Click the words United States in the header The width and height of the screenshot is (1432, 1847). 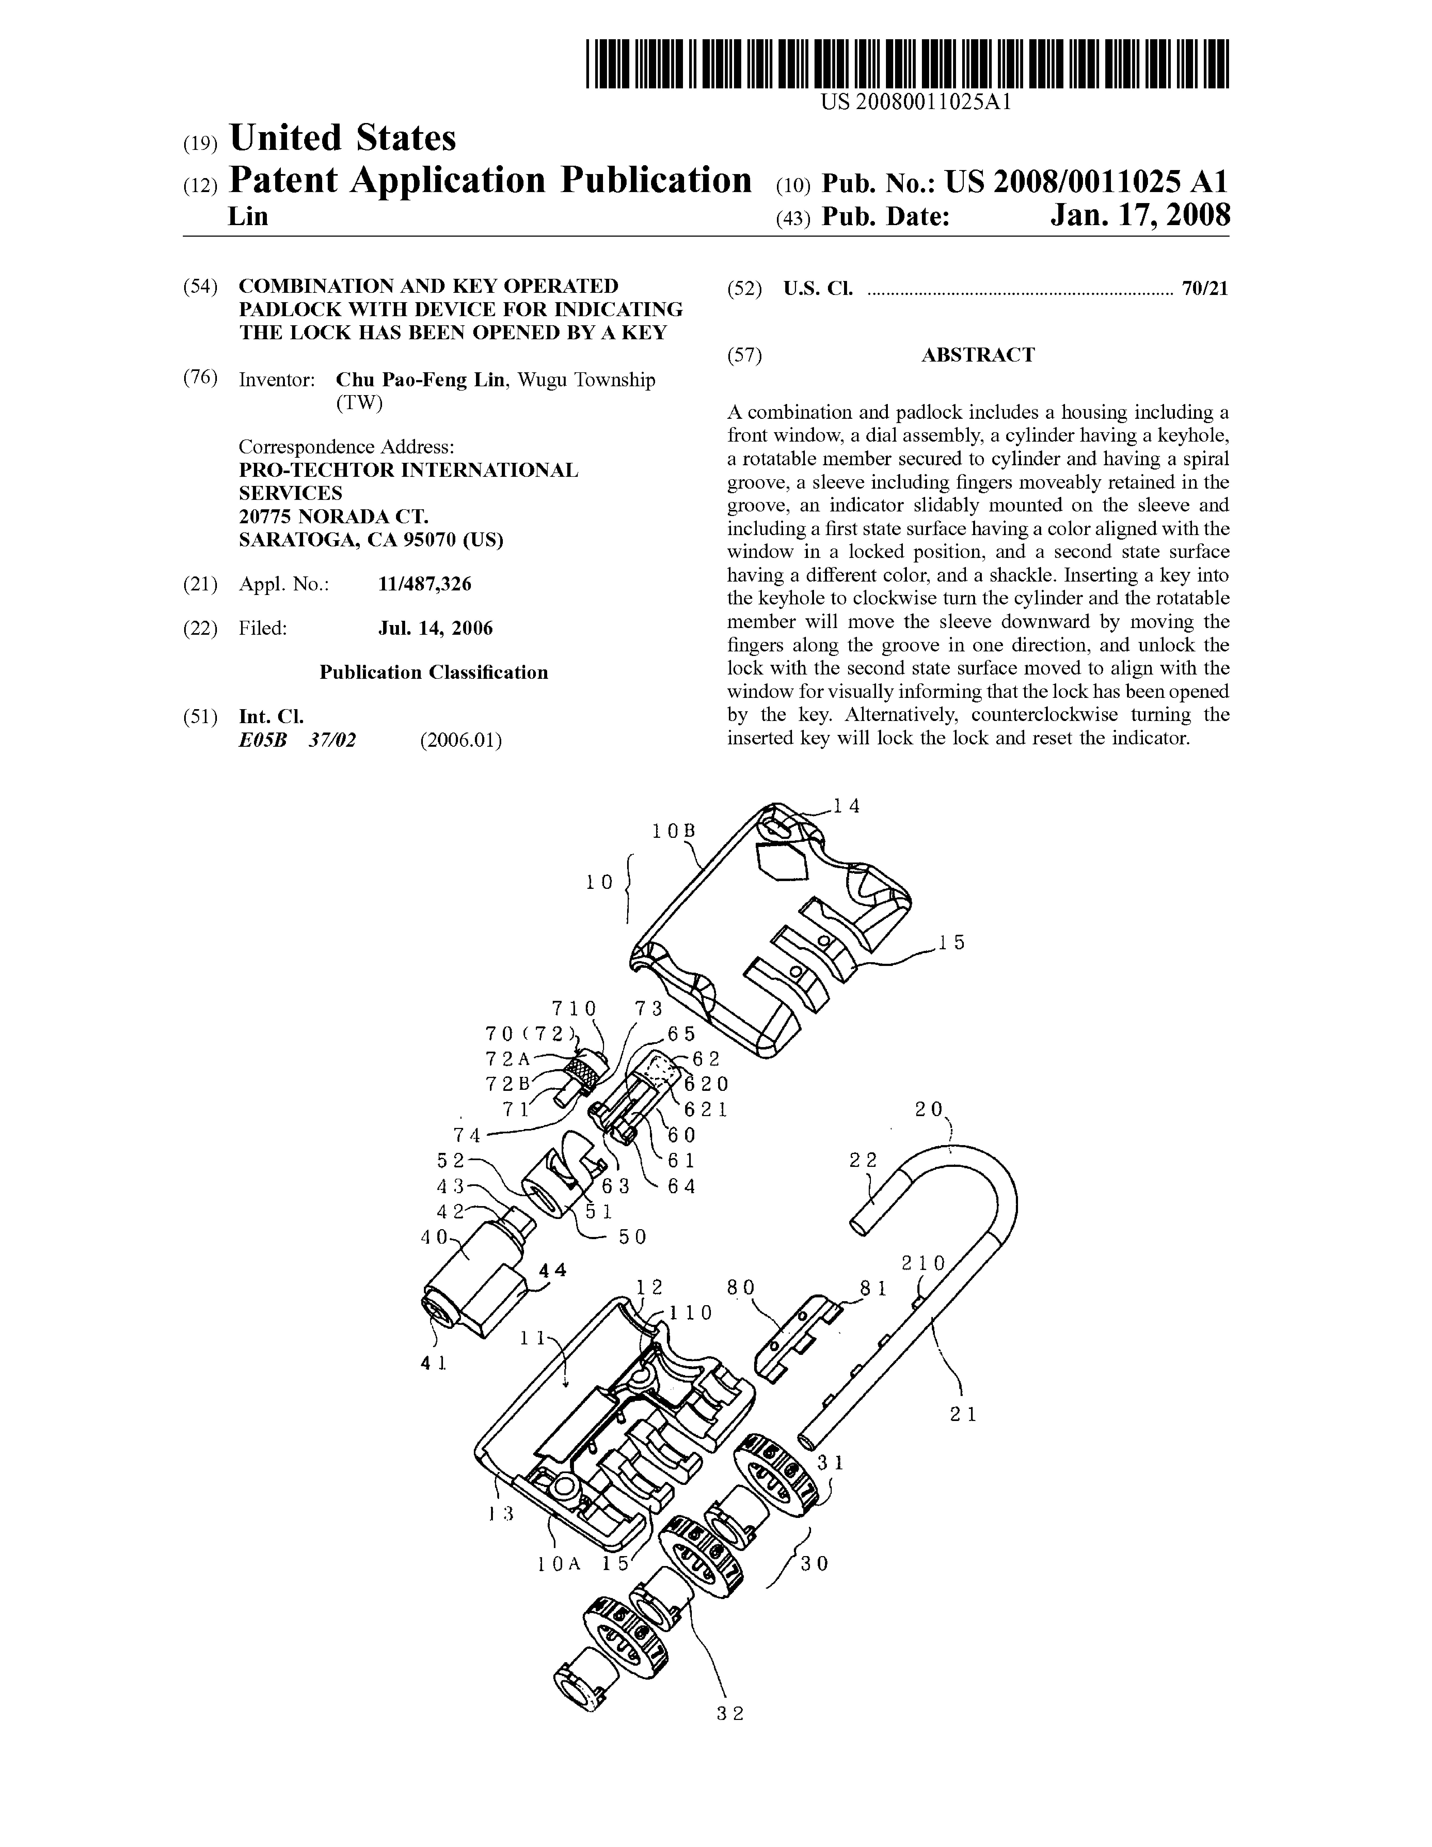tap(342, 138)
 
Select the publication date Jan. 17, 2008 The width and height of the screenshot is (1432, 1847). tap(1140, 216)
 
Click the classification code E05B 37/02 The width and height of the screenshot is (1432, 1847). tap(297, 740)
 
